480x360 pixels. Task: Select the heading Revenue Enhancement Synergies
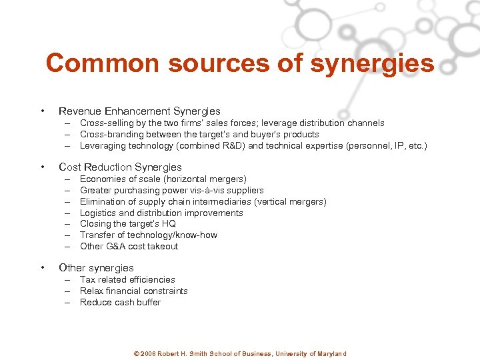click(x=139, y=111)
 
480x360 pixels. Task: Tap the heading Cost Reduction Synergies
click(x=120, y=167)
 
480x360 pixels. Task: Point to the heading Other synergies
click(x=96, y=267)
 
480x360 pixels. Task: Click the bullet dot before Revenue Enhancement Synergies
click(x=42, y=111)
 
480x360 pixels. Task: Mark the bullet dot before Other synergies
click(x=42, y=267)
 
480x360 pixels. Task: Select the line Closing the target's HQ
click(x=127, y=224)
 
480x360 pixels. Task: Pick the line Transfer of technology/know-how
click(x=148, y=235)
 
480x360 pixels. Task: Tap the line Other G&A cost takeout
click(x=129, y=246)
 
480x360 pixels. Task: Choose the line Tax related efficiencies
click(x=127, y=279)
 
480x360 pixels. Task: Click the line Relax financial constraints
click(x=133, y=291)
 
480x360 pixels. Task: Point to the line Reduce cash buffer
click(x=120, y=302)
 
